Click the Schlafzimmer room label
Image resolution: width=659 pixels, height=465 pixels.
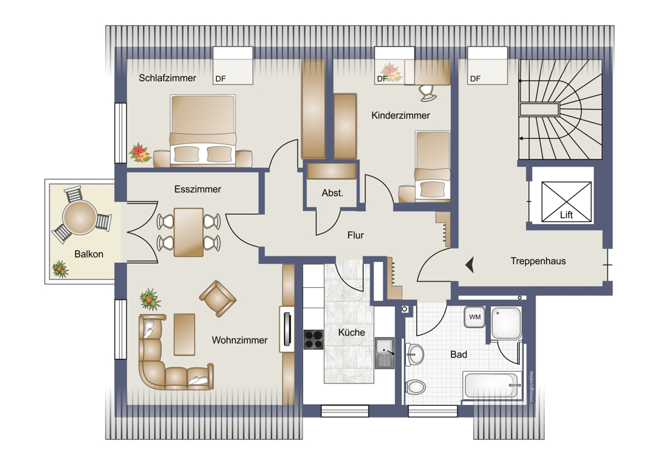coord(167,78)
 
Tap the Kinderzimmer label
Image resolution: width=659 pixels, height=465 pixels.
coord(401,115)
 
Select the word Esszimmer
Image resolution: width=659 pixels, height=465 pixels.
coord(198,190)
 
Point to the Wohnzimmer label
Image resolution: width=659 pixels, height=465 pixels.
coord(240,341)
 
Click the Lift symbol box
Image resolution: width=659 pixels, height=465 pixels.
coord(566,202)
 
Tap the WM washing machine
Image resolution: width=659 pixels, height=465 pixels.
coord(475,317)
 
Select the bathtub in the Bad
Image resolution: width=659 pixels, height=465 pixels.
coord(492,385)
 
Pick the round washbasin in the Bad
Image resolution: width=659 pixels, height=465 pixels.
coord(415,355)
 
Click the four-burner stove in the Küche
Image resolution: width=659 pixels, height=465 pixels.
coord(314,340)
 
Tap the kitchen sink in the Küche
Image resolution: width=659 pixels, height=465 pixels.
coord(385,353)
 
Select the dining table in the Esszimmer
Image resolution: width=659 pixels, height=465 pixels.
coord(188,232)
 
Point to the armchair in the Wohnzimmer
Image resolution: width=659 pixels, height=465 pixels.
coord(217,298)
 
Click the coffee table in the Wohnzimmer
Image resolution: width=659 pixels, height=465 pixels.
coord(185,335)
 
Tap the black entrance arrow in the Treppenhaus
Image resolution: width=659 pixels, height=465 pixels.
coord(470,265)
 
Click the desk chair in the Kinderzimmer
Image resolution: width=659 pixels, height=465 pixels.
coord(428,93)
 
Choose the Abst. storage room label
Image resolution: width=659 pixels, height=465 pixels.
coord(332,193)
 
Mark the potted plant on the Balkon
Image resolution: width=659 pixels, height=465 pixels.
coord(60,269)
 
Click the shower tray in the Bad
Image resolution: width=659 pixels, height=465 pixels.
coord(506,323)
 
